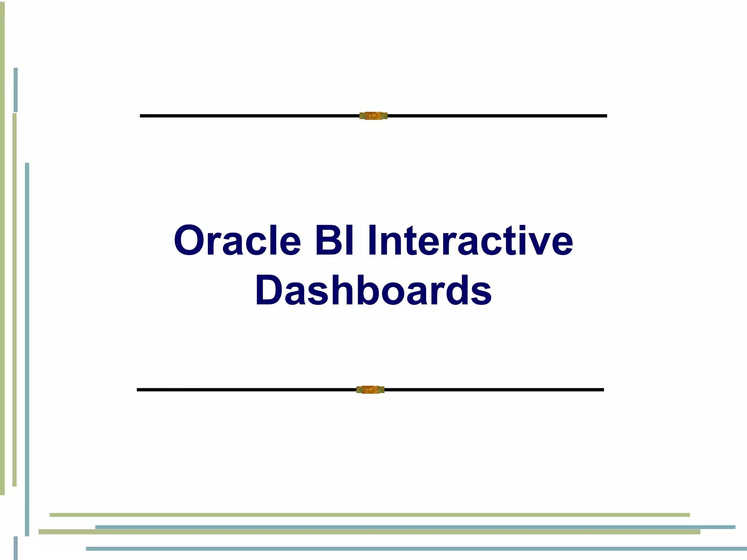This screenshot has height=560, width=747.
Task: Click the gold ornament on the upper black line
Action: pos(373,116)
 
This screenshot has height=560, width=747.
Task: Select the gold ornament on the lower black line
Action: pos(370,390)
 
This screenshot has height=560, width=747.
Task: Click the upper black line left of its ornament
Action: pos(248,116)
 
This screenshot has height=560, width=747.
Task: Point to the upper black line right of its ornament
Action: pos(496,116)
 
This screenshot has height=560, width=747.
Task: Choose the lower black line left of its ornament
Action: pos(244,390)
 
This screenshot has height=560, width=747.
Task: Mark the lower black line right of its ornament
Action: pos(492,390)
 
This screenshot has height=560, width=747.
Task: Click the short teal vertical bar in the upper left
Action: pos(16,90)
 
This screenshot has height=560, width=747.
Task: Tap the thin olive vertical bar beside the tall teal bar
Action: pos(15,299)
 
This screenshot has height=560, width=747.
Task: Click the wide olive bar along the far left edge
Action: pos(2,248)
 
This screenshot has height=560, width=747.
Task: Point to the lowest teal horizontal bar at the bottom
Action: pos(416,549)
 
